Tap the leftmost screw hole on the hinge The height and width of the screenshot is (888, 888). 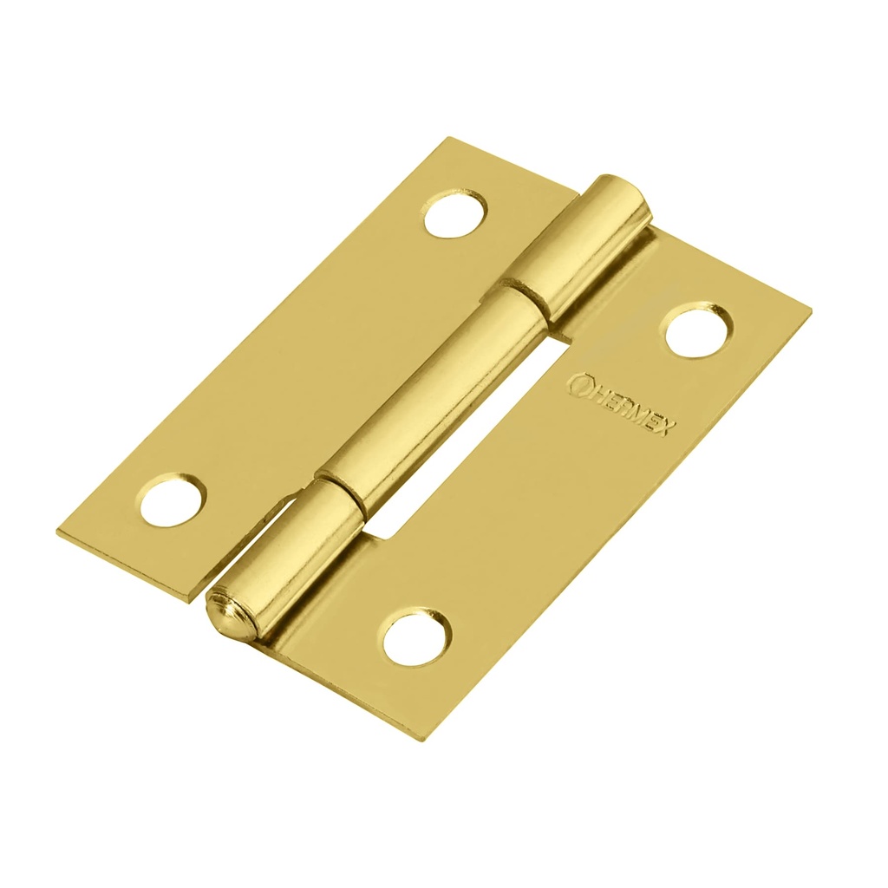(173, 501)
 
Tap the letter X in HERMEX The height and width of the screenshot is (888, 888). (670, 428)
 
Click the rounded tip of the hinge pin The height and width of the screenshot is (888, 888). (228, 617)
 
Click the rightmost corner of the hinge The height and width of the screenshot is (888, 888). (811, 308)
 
